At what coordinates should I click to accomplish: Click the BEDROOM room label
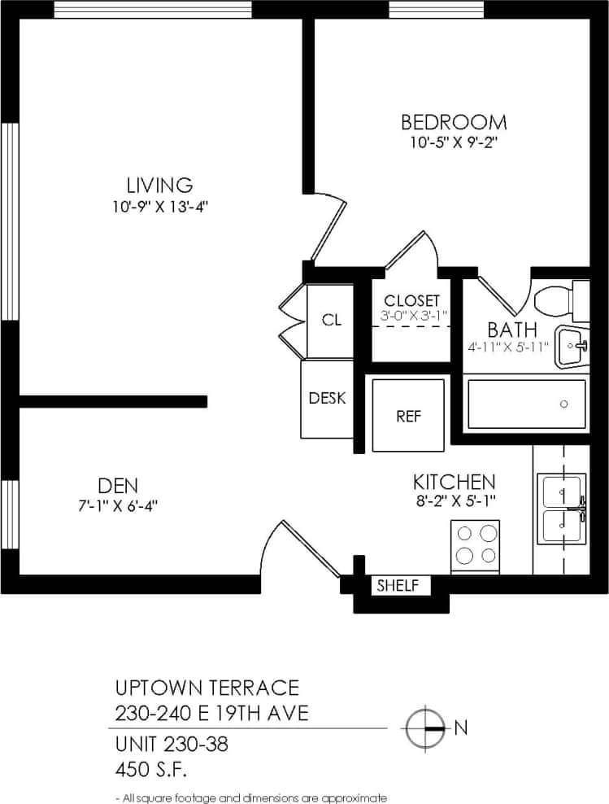pyautogui.click(x=454, y=122)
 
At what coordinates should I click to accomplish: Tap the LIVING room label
pyautogui.click(x=159, y=185)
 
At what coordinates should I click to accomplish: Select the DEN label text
pyautogui.click(x=117, y=486)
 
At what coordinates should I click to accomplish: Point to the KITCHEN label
pyautogui.click(x=454, y=481)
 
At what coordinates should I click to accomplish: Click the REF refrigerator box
pyautogui.click(x=408, y=416)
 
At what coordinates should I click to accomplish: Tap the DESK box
pyautogui.click(x=327, y=398)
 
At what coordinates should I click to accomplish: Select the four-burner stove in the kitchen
pyautogui.click(x=476, y=544)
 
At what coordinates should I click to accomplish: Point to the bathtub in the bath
pyautogui.click(x=526, y=404)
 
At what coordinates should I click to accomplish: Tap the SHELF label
pyautogui.click(x=398, y=585)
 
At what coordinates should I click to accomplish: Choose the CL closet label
pyautogui.click(x=331, y=320)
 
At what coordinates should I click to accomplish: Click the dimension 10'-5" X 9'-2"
pyautogui.click(x=454, y=142)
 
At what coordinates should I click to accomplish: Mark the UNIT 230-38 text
pyautogui.click(x=171, y=742)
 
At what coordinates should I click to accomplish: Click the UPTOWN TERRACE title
pyautogui.click(x=207, y=688)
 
